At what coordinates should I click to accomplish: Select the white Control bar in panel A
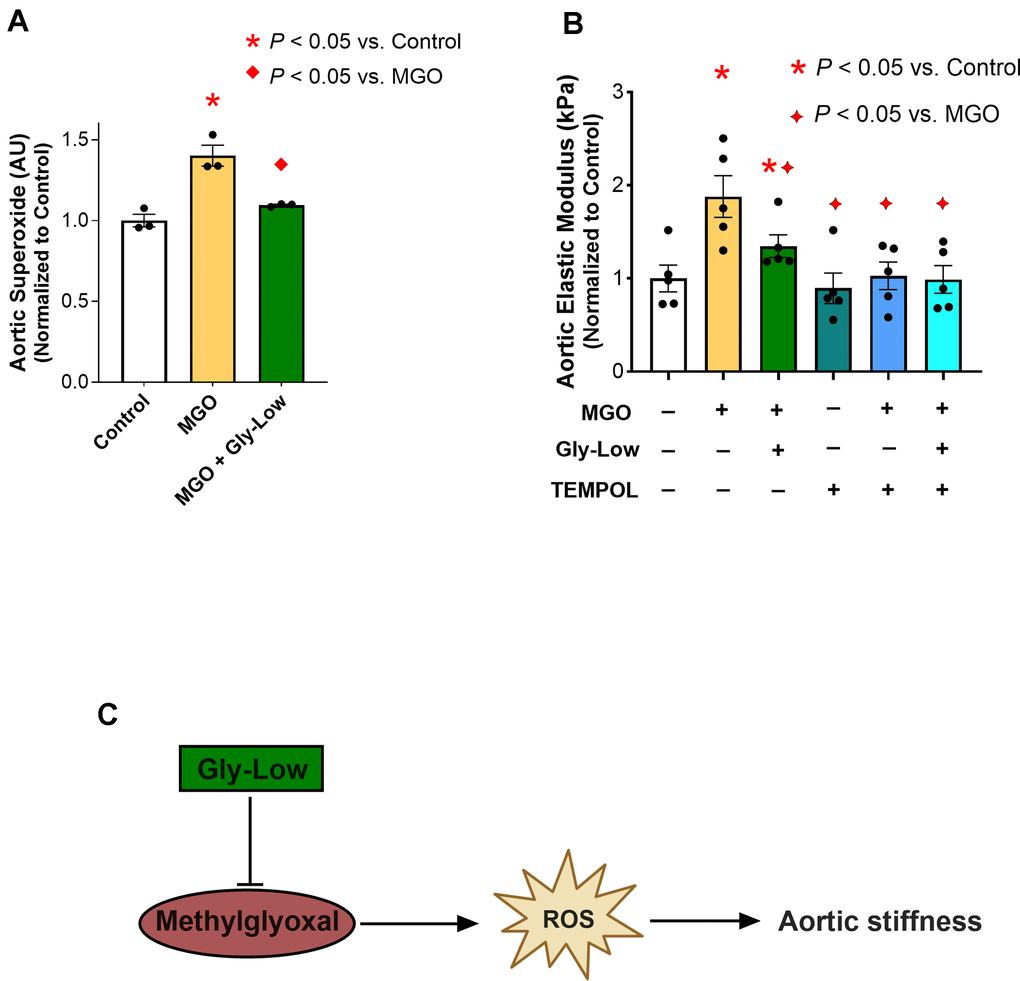click(143, 301)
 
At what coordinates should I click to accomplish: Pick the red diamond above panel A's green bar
click(280, 164)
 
